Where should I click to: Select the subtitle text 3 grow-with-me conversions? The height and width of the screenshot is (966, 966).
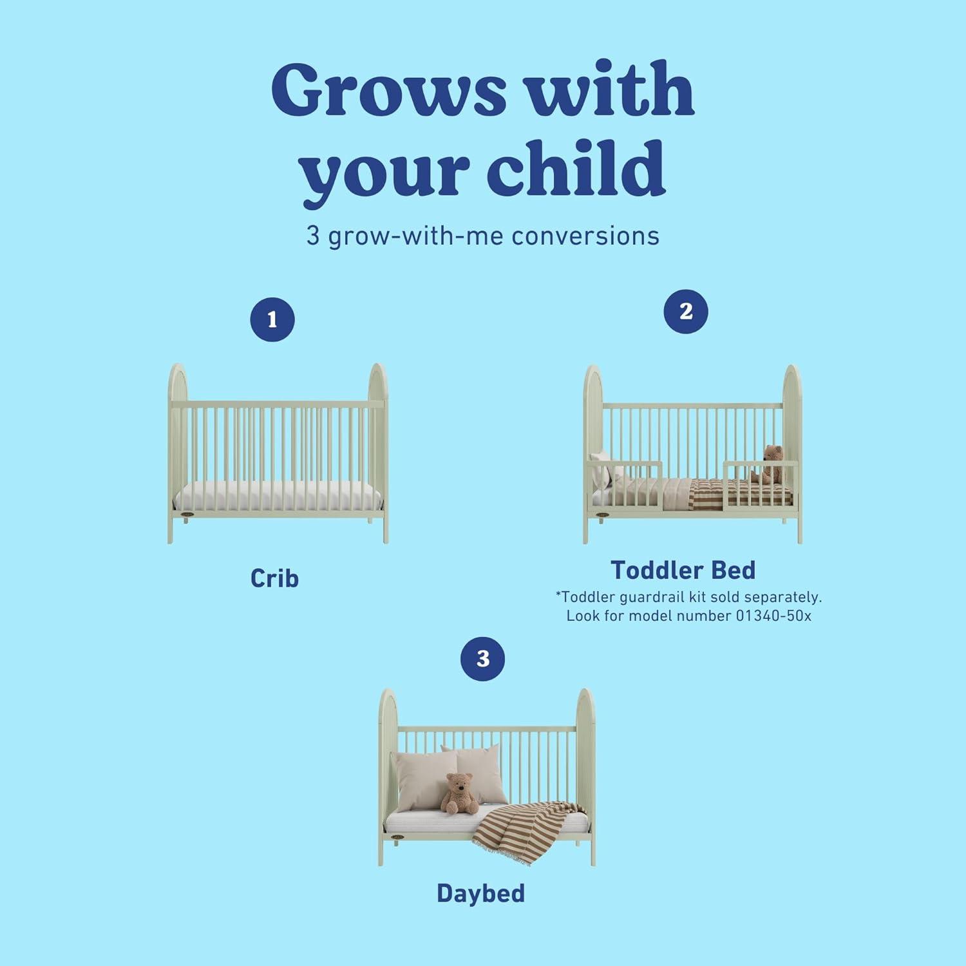pos(482,236)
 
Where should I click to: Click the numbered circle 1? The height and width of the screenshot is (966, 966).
pos(272,319)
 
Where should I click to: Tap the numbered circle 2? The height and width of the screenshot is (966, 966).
pos(686,312)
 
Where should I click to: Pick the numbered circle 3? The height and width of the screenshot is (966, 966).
pos(483,658)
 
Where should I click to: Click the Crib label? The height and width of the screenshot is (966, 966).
pos(274,578)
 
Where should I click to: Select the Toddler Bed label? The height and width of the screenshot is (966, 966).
pos(683,570)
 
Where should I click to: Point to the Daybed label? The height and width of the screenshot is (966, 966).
pos(480,893)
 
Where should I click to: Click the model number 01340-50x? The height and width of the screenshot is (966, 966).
pos(773,616)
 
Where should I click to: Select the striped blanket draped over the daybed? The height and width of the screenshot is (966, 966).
pos(522,831)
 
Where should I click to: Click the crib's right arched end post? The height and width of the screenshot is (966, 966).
pos(378,451)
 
